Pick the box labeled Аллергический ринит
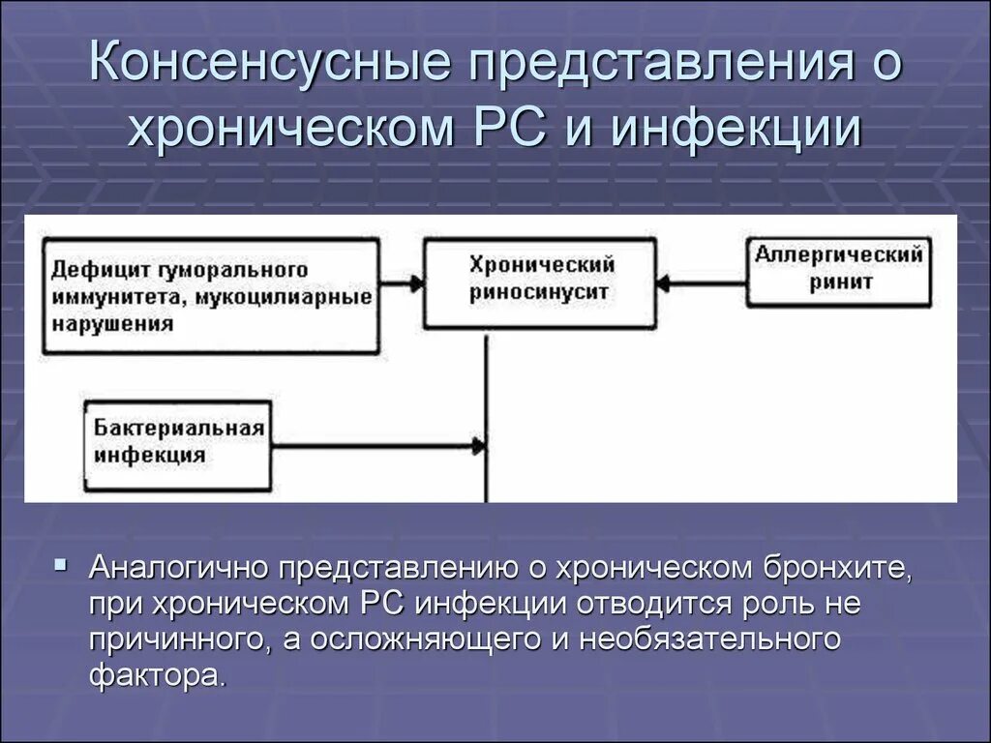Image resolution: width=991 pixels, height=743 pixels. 837,270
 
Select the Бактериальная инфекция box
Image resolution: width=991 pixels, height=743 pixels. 179,442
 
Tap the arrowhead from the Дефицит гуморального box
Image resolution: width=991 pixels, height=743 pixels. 416,283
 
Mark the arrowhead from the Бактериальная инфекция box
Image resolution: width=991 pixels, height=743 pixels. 478,446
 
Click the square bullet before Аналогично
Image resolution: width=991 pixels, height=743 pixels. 61,564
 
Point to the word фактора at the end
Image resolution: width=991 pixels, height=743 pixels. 158,674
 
